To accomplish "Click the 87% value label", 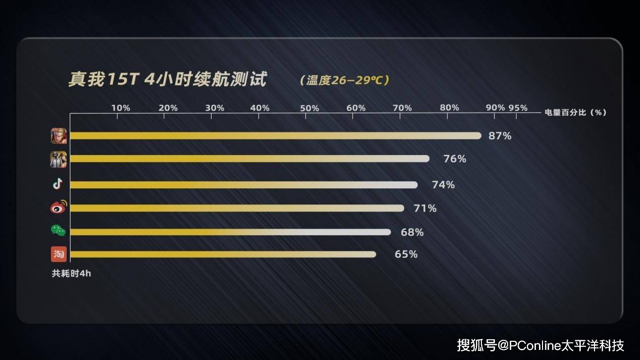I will pyautogui.click(x=500, y=136).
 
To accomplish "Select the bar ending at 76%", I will pyautogui.click(x=250, y=159).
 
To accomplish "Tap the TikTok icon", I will pyautogui.click(x=58, y=184).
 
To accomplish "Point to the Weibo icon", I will pyautogui.click(x=59, y=207).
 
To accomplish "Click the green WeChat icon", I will pyautogui.click(x=58, y=231).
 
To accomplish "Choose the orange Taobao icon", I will pyautogui.click(x=59, y=254).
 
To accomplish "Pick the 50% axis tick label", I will pyautogui.click(x=309, y=108).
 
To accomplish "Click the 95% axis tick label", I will pyautogui.click(x=518, y=108).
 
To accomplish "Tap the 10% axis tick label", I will pyautogui.click(x=120, y=108).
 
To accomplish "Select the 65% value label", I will pyautogui.click(x=406, y=254).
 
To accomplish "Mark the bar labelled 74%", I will pyautogui.click(x=243, y=185).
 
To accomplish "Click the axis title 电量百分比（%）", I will pyautogui.click(x=575, y=113).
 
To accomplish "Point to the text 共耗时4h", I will pyautogui.click(x=71, y=274).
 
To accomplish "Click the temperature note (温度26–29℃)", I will pyautogui.click(x=344, y=80).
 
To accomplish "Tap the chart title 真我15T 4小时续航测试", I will pyautogui.click(x=167, y=80).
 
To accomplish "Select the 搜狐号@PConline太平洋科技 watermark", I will pyautogui.click(x=540, y=345).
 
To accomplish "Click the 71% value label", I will pyautogui.click(x=425, y=208).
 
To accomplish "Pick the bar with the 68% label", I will pyautogui.click(x=230, y=232).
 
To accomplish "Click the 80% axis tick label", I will pyautogui.click(x=449, y=108).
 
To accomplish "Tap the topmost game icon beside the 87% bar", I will pyautogui.click(x=59, y=136).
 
